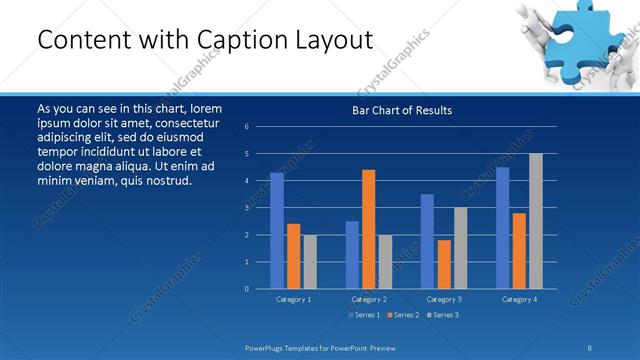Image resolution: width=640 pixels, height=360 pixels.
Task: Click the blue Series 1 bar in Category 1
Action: tap(277, 231)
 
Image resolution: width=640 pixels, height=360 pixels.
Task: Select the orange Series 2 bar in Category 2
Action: tap(369, 229)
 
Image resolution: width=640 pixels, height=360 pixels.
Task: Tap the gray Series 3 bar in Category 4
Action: tap(536, 221)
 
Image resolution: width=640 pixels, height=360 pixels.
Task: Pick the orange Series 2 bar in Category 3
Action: tap(444, 264)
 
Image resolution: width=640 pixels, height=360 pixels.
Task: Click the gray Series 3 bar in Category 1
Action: tap(309, 262)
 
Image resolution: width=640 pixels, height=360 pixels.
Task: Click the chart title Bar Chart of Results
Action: tap(402, 110)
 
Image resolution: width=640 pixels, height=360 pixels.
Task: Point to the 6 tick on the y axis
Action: tap(247, 127)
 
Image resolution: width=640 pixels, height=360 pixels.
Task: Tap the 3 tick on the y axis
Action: tap(247, 208)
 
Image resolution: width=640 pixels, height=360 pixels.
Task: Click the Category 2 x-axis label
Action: tap(368, 299)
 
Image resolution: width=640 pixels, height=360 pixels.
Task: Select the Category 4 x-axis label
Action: tap(519, 299)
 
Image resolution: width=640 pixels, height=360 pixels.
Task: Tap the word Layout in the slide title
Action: tap(337, 40)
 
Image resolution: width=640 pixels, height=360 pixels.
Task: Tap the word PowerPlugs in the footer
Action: tap(264, 347)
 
